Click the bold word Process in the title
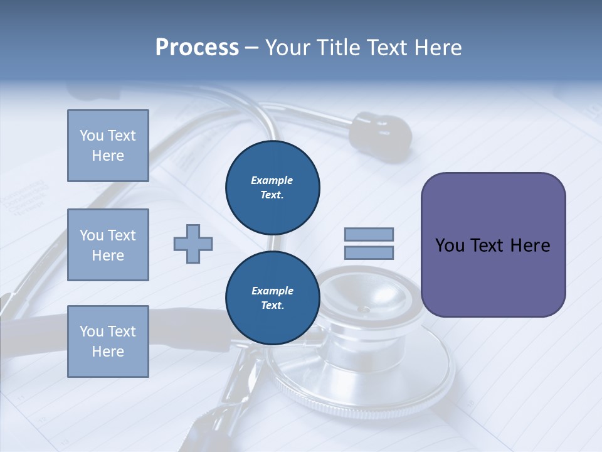click(197, 48)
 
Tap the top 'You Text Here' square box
click(108, 146)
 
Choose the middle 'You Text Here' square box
click(108, 245)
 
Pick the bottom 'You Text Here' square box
click(108, 342)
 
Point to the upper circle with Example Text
click(272, 188)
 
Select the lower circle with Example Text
click(272, 298)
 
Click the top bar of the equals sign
click(369, 235)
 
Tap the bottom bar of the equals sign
click(369, 253)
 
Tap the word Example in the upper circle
click(272, 180)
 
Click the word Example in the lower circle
click(272, 291)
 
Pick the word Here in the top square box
click(108, 156)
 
